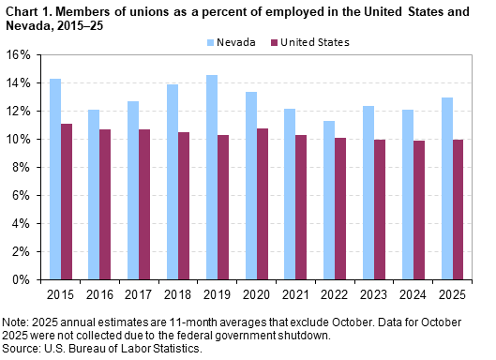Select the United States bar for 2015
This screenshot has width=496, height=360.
click(x=67, y=202)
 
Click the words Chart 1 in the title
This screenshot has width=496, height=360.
click(x=25, y=8)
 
